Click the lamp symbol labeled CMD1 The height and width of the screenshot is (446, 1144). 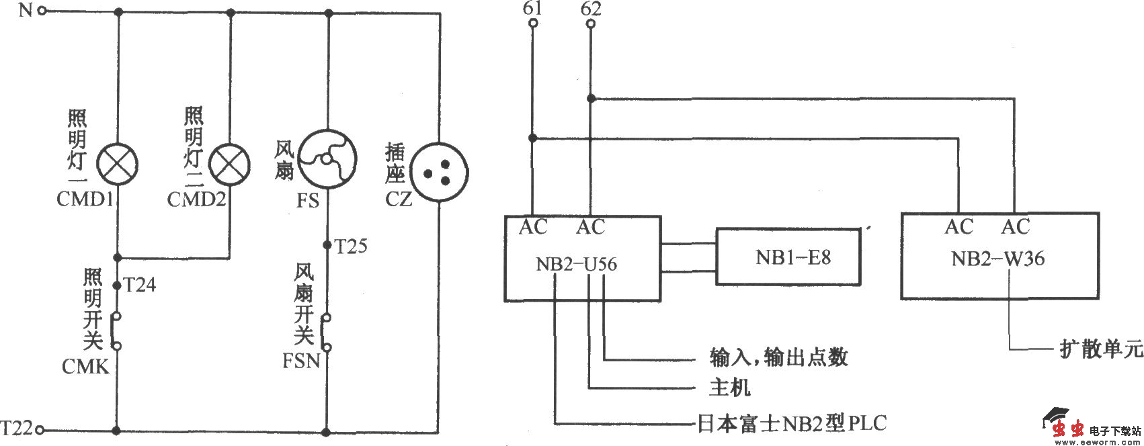(x=118, y=163)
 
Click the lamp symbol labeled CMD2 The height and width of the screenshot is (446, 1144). (x=230, y=163)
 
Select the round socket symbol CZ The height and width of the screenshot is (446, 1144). (x=438, y=171)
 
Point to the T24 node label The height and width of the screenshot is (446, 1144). (x=140, y=285)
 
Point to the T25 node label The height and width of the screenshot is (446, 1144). (x=351, y=247)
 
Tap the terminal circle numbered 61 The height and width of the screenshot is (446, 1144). (x=532, y=24)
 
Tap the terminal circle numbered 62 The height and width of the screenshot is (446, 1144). (x=590, y=24)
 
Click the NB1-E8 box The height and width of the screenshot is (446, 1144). (x=788, y=257)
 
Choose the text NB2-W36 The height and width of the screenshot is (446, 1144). (x=998, y=259)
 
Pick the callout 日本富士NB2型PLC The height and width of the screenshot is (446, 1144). (x=790, y=424)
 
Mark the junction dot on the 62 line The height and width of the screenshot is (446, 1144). (x=590, y=99)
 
